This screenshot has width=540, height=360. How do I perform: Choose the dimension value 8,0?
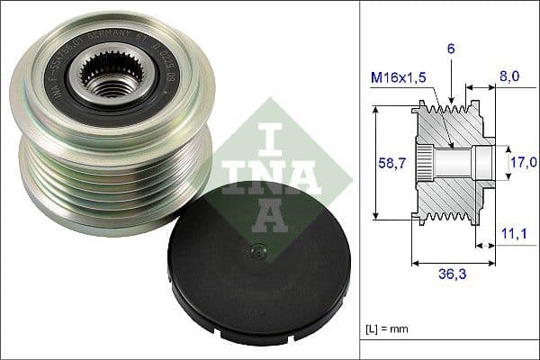(509, 78)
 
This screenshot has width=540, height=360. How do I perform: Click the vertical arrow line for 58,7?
(373, 164)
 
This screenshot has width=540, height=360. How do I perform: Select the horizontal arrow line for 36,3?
(450, 263)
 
